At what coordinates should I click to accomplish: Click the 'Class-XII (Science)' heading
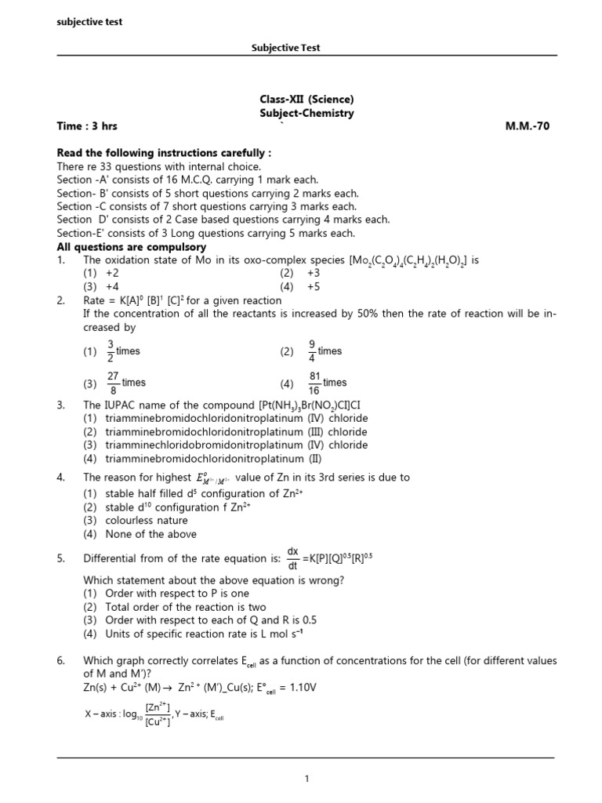pos(306,100)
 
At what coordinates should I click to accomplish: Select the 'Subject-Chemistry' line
pos(306,113)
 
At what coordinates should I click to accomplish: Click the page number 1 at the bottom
pos(307,778)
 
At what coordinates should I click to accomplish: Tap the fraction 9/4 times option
pos(323,351)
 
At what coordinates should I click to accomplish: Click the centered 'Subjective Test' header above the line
pos(285,48)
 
